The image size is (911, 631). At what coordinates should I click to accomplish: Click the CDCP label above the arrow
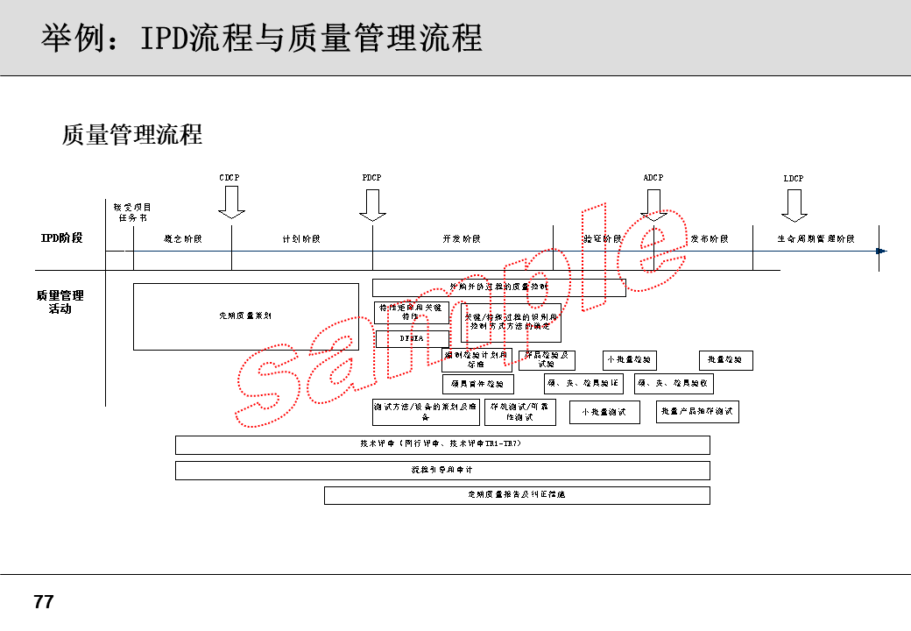[229, 178]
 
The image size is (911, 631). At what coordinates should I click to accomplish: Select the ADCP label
[653, 178]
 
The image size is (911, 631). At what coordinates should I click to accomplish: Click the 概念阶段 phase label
[182, 239]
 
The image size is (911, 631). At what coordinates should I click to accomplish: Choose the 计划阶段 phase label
[301, 239]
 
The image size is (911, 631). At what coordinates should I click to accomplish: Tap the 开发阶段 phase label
[462, 239]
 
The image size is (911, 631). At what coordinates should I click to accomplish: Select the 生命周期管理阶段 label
[816, 239]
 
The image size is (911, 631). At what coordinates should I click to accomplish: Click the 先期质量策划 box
[246, 316]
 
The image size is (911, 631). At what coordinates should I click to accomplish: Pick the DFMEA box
[412, 338]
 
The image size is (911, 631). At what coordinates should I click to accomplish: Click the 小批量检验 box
[629, 360]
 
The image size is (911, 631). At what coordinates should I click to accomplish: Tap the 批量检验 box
[725, 360]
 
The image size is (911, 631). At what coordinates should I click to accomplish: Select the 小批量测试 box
[604, 412]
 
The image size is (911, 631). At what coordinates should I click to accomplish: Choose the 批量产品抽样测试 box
[697, 412]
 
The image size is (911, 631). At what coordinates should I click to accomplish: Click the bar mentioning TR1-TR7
[442, 444]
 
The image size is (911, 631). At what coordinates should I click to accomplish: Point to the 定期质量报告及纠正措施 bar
[517, 495]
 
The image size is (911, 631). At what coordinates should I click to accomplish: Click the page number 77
[43, 602]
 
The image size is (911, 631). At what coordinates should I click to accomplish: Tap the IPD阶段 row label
[61, 238]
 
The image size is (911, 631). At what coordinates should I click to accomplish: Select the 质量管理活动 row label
[60, 302]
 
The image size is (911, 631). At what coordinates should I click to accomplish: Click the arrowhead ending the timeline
[881, 252]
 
